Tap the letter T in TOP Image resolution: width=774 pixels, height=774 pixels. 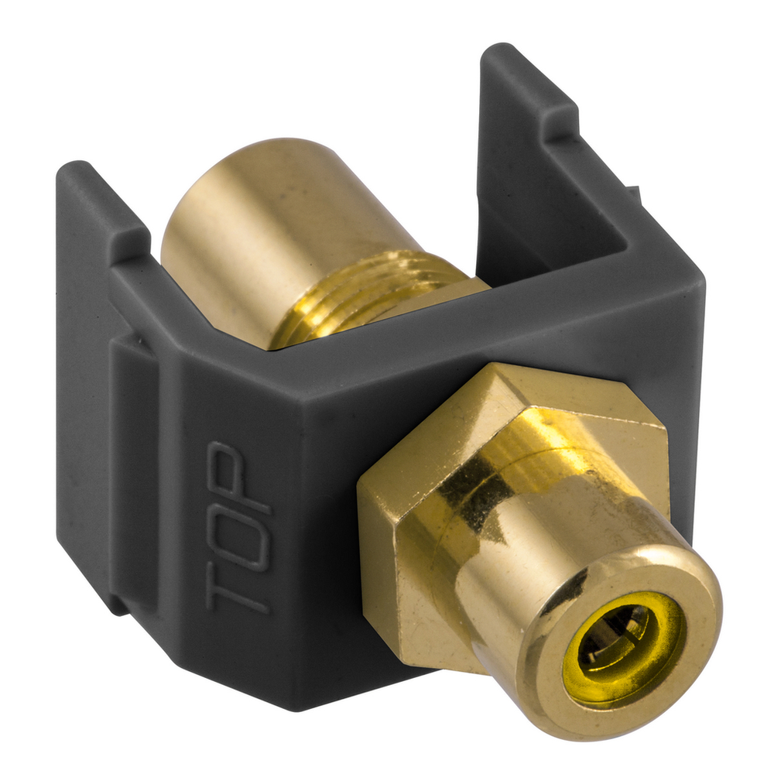pyautogui.click(x=238, y=587)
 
